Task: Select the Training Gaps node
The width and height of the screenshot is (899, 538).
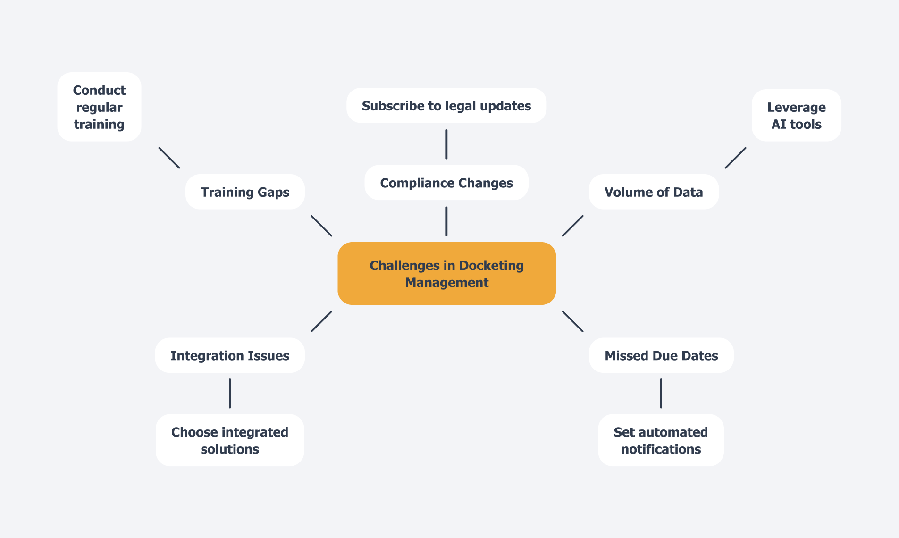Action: pos(245,192)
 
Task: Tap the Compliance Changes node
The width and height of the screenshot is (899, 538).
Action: pos(446,183)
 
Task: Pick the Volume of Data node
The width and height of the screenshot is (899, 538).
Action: pos(653,192)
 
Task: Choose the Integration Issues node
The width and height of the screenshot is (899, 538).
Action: pos(230,355)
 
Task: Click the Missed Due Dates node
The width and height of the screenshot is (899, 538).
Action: pos(661,355)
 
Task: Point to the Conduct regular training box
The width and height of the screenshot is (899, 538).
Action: pos(99,107)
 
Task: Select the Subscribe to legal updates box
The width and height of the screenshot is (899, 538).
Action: pos(446,106)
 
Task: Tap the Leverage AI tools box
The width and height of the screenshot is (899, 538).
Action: pos(796,116)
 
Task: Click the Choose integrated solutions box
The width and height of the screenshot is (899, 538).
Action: pos(230,440)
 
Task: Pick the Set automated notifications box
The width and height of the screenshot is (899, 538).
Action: pos(661,440)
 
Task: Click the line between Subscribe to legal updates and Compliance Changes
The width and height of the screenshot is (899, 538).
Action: pos(446,144)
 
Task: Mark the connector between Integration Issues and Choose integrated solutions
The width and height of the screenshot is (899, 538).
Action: pos(230,393)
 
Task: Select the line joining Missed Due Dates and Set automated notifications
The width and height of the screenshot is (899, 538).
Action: pos(661,393)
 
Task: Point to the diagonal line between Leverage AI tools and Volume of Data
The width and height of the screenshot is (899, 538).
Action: pos(735,158)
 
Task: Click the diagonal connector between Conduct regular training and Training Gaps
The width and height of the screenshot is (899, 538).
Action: pos(169,158)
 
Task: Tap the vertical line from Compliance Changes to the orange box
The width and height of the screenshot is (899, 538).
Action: pos(446,221)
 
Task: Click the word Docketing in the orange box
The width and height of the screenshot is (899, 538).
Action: pos(491,266)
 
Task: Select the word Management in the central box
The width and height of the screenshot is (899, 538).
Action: pos(446,283)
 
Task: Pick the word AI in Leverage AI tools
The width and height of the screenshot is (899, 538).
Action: pos(779,125)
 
